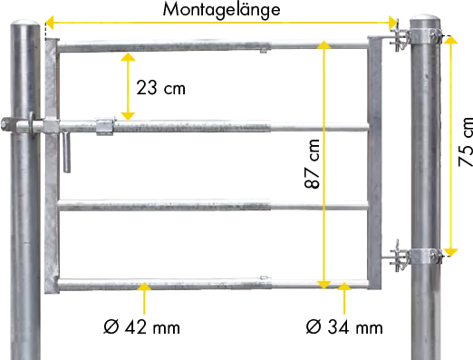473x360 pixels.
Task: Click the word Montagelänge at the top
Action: tap(221, 10)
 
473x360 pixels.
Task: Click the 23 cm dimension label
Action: tap(160, 88)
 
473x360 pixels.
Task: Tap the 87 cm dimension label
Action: tap(312, 164)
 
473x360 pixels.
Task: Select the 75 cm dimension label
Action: tap(466, 141)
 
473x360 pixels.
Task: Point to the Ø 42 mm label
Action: tap(141, 326)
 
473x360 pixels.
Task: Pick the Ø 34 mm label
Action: tap(344, 326)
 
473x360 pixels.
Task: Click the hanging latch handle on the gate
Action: tap(67, 152)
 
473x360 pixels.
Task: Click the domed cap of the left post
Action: tap(25, 24)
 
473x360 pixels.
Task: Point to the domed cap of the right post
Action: tap(425, 17)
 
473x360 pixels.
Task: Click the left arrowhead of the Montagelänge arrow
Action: tap(49, 23)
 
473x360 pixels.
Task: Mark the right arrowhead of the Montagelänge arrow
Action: tap(392, 23)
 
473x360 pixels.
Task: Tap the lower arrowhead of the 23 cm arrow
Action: tap(128, 116)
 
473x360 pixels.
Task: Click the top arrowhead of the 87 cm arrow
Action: tap(324, 44)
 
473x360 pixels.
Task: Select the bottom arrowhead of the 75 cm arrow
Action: tap(451, 253)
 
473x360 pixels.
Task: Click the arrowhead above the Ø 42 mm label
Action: tap(144, 287)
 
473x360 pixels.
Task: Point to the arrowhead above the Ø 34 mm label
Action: tap(344, 287)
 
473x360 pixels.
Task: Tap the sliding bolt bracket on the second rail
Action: tap(105, 126)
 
